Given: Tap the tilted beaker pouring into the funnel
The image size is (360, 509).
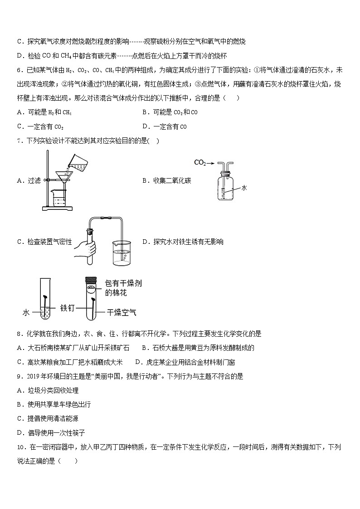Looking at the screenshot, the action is click(x=73, y=162).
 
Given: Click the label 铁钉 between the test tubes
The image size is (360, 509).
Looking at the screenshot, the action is click(x=67, y=308).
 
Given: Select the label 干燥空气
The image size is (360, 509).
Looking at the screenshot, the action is click(x=122, y=312).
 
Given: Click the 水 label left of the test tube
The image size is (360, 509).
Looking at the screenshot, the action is click(x=26, y=312).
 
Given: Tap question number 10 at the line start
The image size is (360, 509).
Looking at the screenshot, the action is click(x=20, y=447).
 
